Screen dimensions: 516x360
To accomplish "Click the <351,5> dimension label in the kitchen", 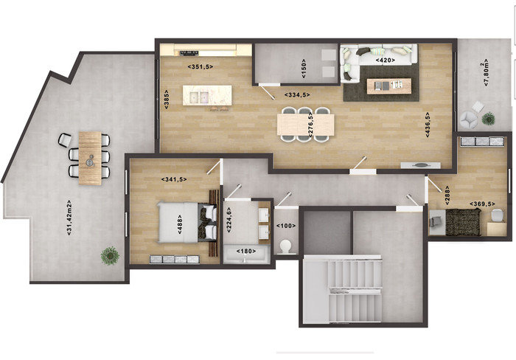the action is point(200,66).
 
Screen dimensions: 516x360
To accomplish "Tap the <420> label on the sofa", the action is point(385,60).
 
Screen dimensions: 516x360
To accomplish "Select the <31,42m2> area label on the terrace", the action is point(69,218).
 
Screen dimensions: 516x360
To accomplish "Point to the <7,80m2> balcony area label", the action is point(485,73).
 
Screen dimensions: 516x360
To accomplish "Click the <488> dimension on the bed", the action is point(180,224).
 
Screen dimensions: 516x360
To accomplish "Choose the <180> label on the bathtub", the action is point(246,252).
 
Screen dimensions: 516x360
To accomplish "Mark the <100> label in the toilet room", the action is point(286,226).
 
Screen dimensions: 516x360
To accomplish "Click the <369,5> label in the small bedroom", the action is point(482,204).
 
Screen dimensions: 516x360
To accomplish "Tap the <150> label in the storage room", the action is point(304,69).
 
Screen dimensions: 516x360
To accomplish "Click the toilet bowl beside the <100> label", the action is point(285,246).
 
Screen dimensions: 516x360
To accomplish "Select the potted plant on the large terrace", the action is point(110,255).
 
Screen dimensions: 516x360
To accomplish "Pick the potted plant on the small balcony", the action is point(488,119).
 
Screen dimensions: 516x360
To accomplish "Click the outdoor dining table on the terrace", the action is point(90,158).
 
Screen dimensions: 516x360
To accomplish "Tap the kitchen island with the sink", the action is point(207,95).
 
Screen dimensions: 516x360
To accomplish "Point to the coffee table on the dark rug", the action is point(389,86).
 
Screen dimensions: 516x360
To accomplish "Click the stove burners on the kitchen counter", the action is point(189,52).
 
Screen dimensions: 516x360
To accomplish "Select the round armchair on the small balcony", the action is point(469,120).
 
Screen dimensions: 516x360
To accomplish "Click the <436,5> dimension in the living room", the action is point(428,124).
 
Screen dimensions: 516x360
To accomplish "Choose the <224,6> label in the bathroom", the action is point(229,220).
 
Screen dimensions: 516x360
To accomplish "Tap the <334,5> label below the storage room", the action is point(297,95).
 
